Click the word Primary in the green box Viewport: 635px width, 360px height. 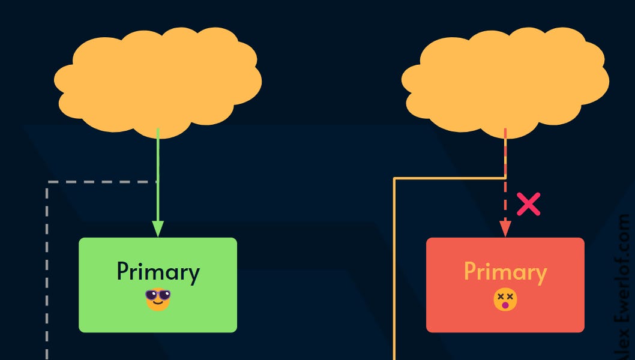point(158,272)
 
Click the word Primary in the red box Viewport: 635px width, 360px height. point(505,272)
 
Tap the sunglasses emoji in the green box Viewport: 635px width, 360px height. point(158,299)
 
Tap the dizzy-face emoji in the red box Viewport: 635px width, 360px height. point(505,299)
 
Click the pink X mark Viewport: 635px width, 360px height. point(528,205)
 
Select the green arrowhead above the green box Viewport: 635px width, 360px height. point(158,229)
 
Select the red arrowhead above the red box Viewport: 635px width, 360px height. point(505,229)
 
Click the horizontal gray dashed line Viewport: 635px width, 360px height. point(102,181)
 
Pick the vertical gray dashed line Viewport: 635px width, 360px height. point(47,270)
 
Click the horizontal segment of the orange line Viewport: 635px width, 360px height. point(450,178)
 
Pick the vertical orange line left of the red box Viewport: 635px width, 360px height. point(394,270)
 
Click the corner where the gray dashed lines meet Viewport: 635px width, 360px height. point(47,181)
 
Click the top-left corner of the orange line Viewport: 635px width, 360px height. point(394,178)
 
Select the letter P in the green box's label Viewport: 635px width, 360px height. point(123,272)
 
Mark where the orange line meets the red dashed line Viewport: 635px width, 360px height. point(505,178)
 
